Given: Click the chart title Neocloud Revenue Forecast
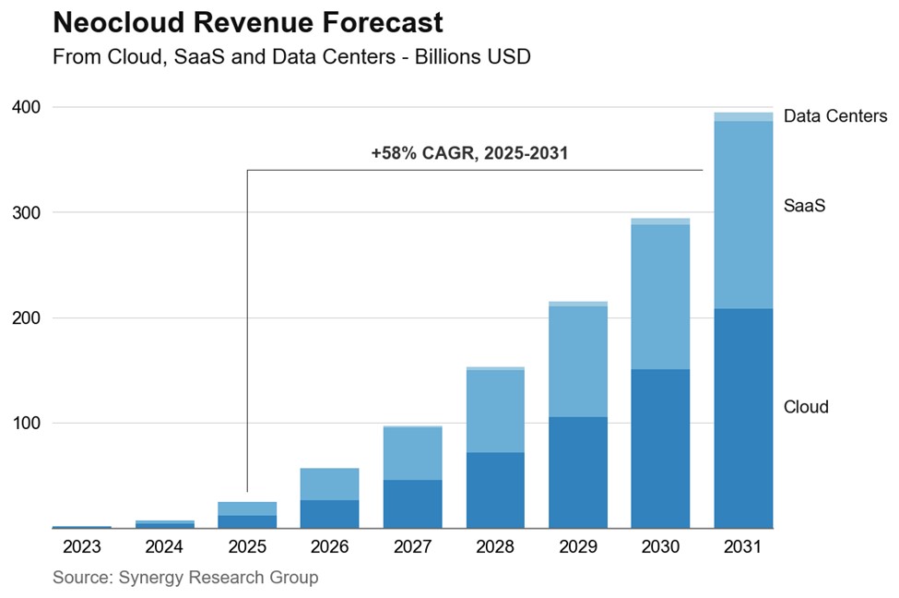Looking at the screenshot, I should [x=247, y=22].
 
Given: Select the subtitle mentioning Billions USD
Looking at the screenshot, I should [x=291, y=57].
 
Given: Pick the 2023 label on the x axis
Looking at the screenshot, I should [x=81, y=546].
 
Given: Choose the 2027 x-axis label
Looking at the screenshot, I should [x=412, y=546].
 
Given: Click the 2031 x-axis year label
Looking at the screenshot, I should [x=743, y=546].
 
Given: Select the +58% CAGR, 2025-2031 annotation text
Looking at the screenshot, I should [x=469, y=153].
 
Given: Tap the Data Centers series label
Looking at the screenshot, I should [x=834, y=116].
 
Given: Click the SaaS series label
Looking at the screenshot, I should [x=803, y=207].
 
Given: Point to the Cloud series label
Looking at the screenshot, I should [x=806, y=407].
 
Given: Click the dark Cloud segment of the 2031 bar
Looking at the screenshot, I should [x=743, y=418].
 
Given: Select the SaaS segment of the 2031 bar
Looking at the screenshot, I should [x=743, y=215].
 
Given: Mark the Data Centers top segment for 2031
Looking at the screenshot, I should [x=743, y=116].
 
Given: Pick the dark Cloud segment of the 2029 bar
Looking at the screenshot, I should [x=578, y=472].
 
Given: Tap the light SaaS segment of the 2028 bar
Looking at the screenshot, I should [x=495, y=411].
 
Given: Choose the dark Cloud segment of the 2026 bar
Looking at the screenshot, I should [x=329, y=514].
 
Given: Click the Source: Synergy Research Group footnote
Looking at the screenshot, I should [x=185, y=578].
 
